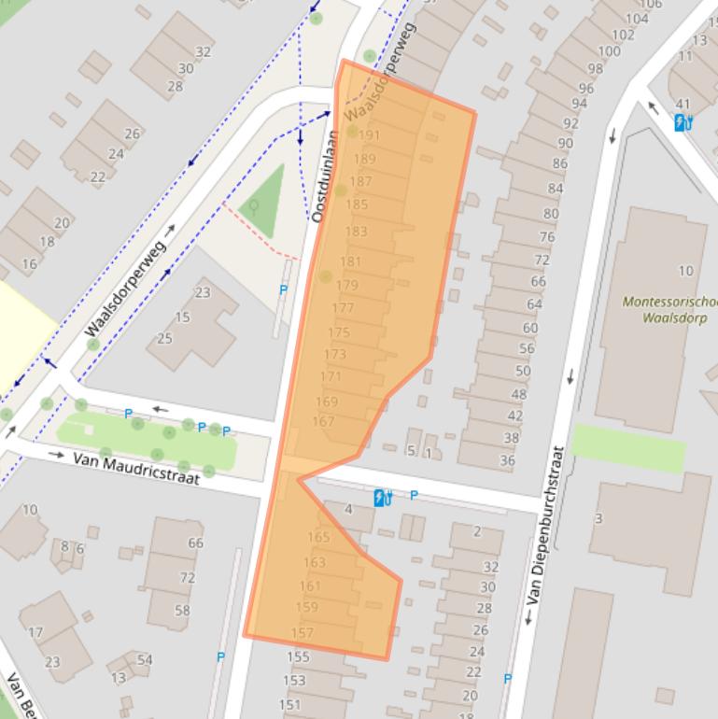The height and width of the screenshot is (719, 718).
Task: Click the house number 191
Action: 369,135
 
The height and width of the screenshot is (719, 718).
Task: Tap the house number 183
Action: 356,232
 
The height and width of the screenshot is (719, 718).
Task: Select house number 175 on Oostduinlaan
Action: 338,332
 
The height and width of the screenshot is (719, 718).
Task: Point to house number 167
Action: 323,422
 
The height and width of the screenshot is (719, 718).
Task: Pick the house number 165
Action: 318,537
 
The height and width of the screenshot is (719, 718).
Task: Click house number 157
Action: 302,633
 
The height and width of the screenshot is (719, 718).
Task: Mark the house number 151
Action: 290,705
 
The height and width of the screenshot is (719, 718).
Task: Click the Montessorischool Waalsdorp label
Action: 669,309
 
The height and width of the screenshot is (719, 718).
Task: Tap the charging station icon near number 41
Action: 683,121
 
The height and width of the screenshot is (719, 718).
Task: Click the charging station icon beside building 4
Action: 381,498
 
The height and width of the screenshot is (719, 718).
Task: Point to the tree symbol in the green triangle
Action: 253,204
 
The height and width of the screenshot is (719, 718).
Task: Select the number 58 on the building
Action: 182,611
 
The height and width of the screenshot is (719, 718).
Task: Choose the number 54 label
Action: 145,660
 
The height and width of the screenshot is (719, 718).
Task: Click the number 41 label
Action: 683,105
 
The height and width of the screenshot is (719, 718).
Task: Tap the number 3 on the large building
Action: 598,518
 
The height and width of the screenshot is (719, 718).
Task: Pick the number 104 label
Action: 636,19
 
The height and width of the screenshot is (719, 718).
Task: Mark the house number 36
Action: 507,460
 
